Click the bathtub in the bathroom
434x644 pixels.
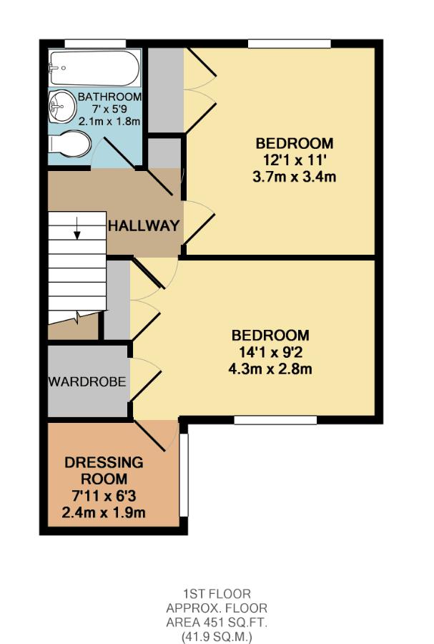(x=94, y=69)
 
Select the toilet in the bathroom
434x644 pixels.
(x=70, y=144)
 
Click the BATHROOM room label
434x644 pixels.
(x=109, y=97)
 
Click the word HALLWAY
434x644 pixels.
(x=143, y=226)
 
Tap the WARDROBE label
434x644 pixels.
(x=87, y=381)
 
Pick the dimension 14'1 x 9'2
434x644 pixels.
(x=271, y=352)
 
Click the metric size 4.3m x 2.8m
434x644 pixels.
(x=271, y=369)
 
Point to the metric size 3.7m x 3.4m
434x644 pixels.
(x=295, y=175)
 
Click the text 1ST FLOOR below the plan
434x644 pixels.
(x=217, y=593)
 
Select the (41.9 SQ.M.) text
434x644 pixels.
(x=217, y=634)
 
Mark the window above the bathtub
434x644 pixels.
(x=95, y=44)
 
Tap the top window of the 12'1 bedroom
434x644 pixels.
(x=290, y=44)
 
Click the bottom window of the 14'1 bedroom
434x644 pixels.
(x=275, y=420)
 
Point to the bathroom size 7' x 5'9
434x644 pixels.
(x=109, y=109)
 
